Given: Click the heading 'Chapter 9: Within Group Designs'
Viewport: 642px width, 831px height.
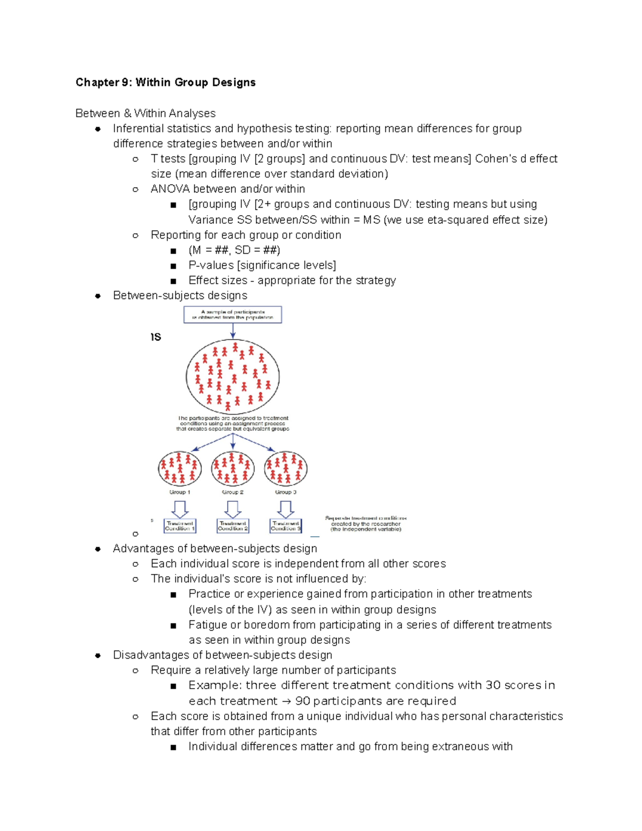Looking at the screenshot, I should point(165,82).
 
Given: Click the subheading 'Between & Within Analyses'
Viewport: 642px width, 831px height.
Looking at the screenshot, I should point(146,113).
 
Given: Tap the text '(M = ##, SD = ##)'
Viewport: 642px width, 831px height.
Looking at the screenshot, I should point(234,250).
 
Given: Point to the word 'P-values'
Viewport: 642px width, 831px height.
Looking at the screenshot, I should point(211,265).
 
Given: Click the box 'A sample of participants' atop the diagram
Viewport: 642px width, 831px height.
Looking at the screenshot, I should point(233,315).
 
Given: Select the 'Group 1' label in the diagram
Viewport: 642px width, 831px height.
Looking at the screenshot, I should point(180,492).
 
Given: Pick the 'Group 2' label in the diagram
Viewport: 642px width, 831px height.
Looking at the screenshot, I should point(233,492).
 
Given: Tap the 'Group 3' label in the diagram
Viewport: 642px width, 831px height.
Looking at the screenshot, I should point(286,492).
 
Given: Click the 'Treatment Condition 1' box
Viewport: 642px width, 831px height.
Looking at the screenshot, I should point(180,526).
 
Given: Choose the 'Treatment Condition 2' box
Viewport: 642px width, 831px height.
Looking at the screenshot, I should point(233,526).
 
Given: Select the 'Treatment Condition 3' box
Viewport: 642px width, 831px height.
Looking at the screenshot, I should point(286,526).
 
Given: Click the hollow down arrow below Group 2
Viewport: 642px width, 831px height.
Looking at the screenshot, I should point(233,509).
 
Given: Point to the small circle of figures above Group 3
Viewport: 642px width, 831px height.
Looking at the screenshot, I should point(286,468).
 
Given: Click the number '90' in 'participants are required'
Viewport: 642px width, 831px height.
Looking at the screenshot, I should point(302,701).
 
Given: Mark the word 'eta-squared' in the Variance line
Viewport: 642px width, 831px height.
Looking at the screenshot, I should point(458,220).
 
